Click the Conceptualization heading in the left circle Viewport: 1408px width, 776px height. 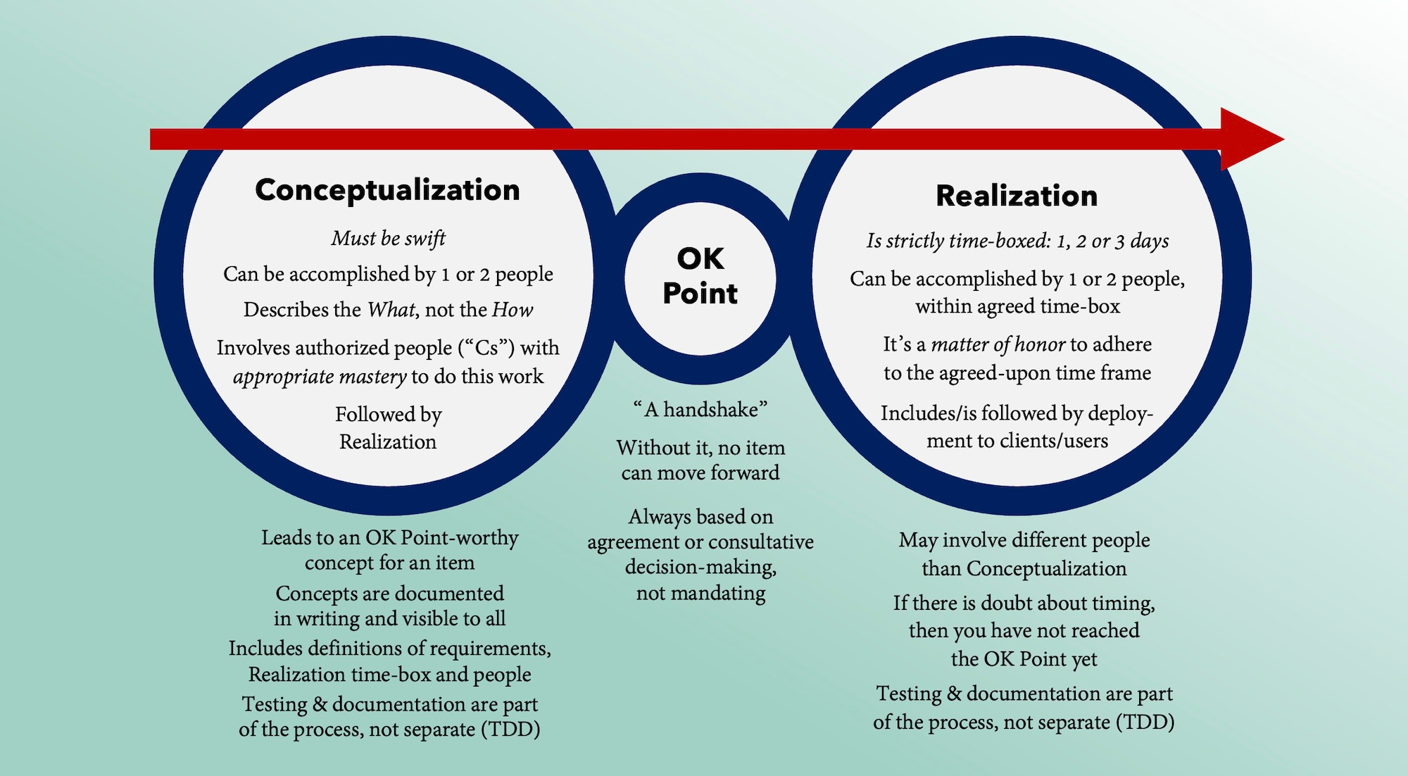point(387,190)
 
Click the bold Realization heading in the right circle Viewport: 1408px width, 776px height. point(1016,196)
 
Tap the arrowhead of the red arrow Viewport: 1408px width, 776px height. point(1250,139)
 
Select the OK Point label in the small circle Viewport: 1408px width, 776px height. point(700,276)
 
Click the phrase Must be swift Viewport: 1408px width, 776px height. point(388,239)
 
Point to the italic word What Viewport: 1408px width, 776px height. point(391,310)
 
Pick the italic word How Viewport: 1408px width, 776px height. point(512,310)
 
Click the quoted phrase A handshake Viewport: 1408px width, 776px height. point(700,409)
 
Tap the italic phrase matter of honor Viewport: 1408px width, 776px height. point(998,344)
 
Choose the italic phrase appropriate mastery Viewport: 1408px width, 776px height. point(320,377)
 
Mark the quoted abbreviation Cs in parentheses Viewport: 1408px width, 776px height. point(486,348)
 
